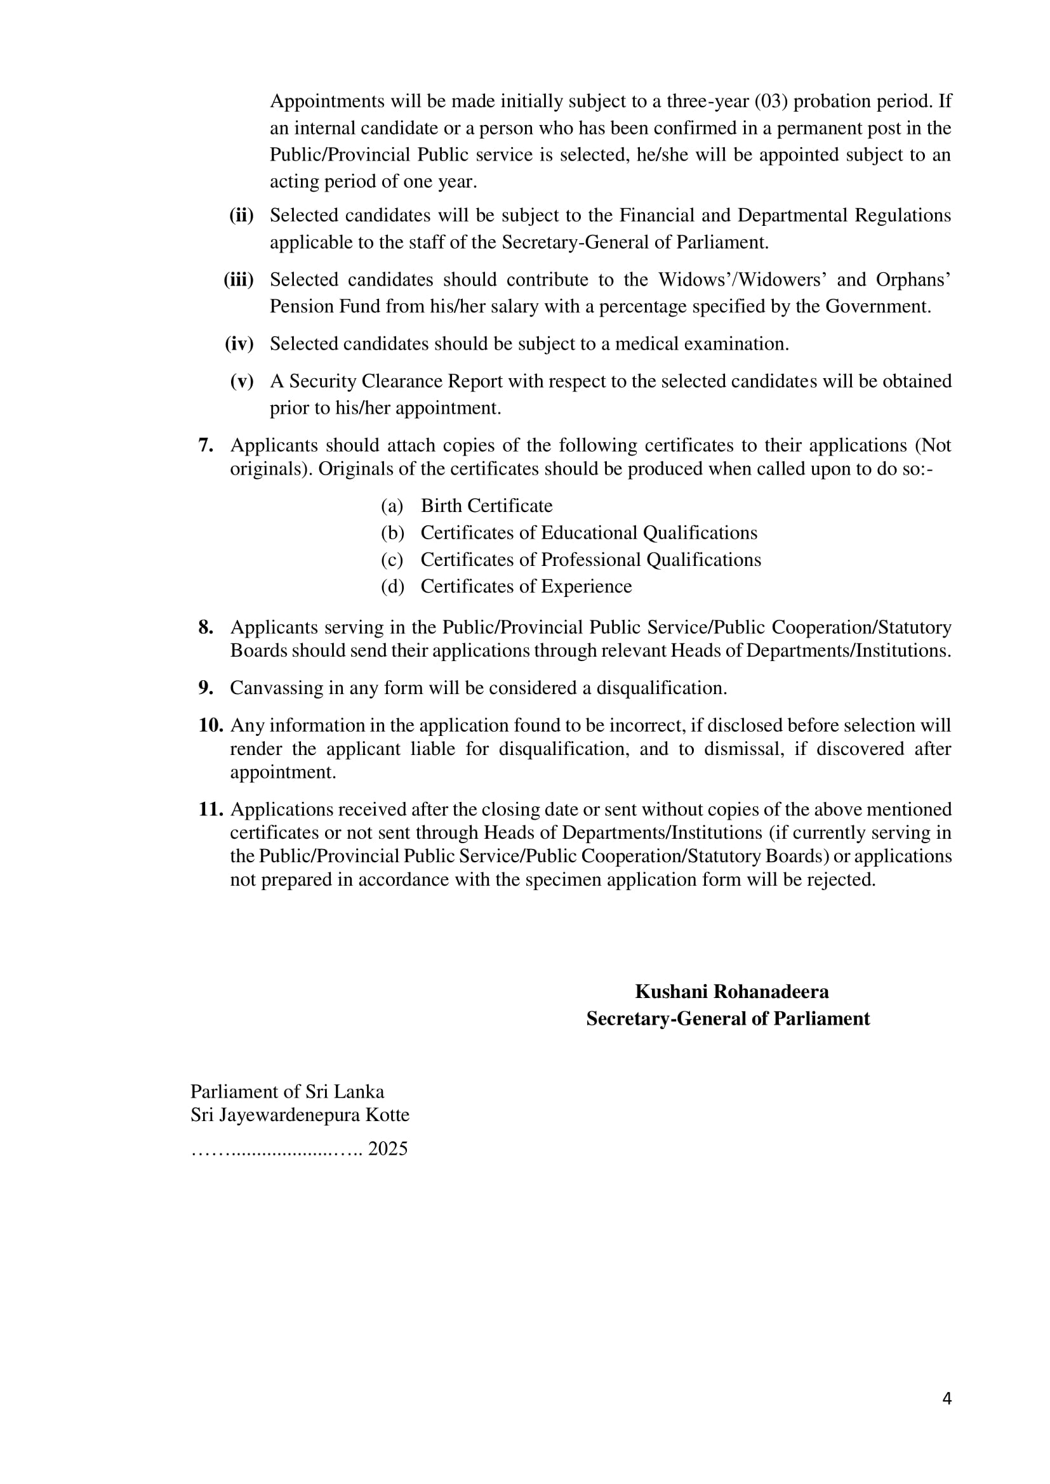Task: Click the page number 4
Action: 947,1398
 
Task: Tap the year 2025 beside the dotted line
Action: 387,1148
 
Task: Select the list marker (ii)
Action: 241,215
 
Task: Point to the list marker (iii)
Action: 239,280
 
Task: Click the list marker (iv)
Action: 239,344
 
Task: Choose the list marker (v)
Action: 242,381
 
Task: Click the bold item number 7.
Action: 206,445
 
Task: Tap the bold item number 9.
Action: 206,688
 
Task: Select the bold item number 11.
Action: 210,809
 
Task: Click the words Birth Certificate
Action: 486,506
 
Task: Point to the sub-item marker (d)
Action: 392,586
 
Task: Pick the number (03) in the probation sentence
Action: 771,102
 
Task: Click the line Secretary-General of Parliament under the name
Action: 728,1019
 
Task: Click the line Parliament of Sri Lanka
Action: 287,1092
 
